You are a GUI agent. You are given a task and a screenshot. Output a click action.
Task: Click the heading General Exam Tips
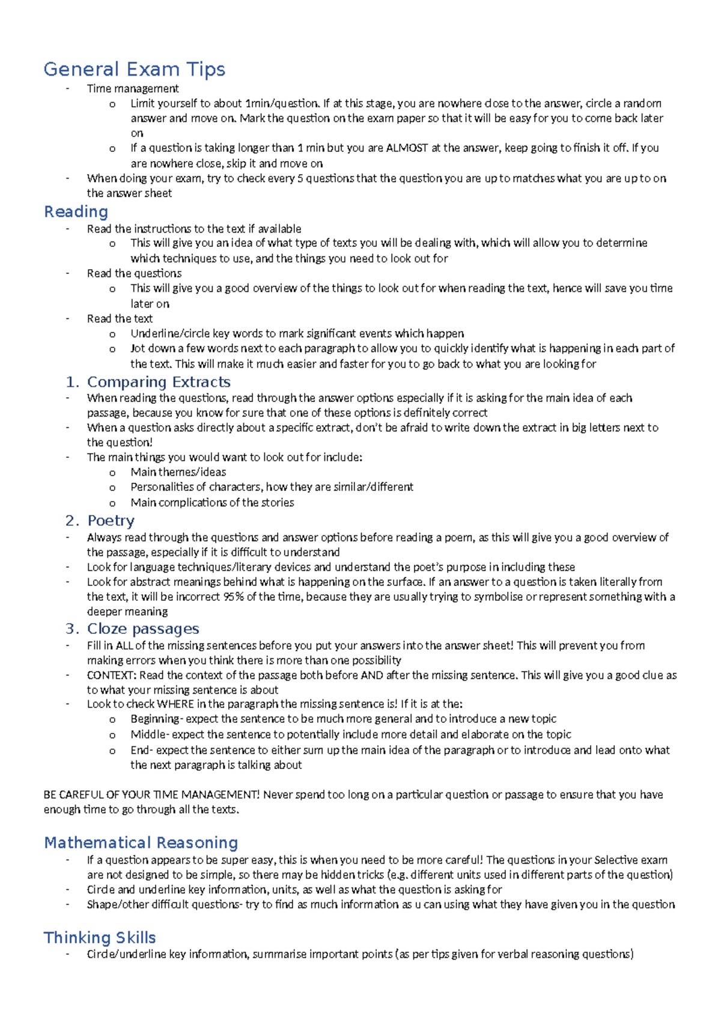pos(134,69)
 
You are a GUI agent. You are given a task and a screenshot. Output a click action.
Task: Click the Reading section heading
pos(76,211)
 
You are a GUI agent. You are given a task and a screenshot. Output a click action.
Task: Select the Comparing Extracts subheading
pos(159,382)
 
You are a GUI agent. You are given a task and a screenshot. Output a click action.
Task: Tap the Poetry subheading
pos(111,520)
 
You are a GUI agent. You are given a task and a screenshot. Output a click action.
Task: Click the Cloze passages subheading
pos(143,628)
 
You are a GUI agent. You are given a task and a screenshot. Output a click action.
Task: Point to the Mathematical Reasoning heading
pos(141,842)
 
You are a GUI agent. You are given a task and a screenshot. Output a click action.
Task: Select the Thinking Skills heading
pos(100,937)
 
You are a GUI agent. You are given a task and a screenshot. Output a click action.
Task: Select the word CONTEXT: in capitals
pos(111,675)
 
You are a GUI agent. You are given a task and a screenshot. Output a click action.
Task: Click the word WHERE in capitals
pos(175,704)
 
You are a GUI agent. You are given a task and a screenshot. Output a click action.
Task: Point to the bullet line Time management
pos(133,88)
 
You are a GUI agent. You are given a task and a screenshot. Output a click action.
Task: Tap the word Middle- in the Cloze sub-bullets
pos(150,734)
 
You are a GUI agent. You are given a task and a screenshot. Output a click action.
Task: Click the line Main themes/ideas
pos(178,472)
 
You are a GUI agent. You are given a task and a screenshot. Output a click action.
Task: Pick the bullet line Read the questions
pos(134,273)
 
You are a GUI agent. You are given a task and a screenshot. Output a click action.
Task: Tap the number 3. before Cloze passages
pos(73,628)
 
